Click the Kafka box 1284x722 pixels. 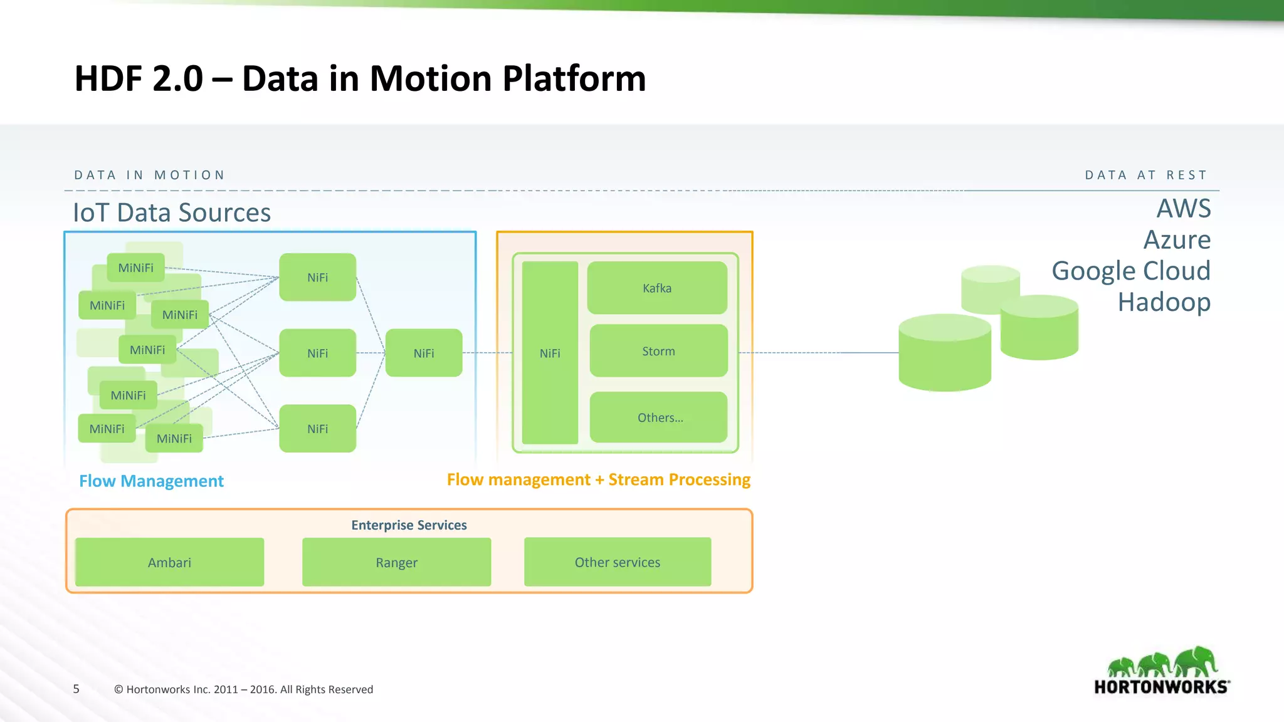[657, 288]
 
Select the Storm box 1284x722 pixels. [658, 351]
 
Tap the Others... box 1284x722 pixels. [659, 417]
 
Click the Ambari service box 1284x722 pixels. [169, 562]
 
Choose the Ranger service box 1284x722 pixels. [396, 562]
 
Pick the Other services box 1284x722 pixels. [618, 562]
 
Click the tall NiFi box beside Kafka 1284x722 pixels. [550, 353]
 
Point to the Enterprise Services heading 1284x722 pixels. [409, 525]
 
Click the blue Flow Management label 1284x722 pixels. [151, 481]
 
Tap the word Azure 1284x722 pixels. [1177, 239]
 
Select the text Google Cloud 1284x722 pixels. [1130, 271]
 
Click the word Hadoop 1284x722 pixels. [1164, 302]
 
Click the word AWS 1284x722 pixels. [1183, 208]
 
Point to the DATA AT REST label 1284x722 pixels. [1145, 175]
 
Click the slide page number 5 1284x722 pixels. [76, 689]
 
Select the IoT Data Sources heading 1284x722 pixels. [172, 212]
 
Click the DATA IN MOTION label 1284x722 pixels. [149, 175]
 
